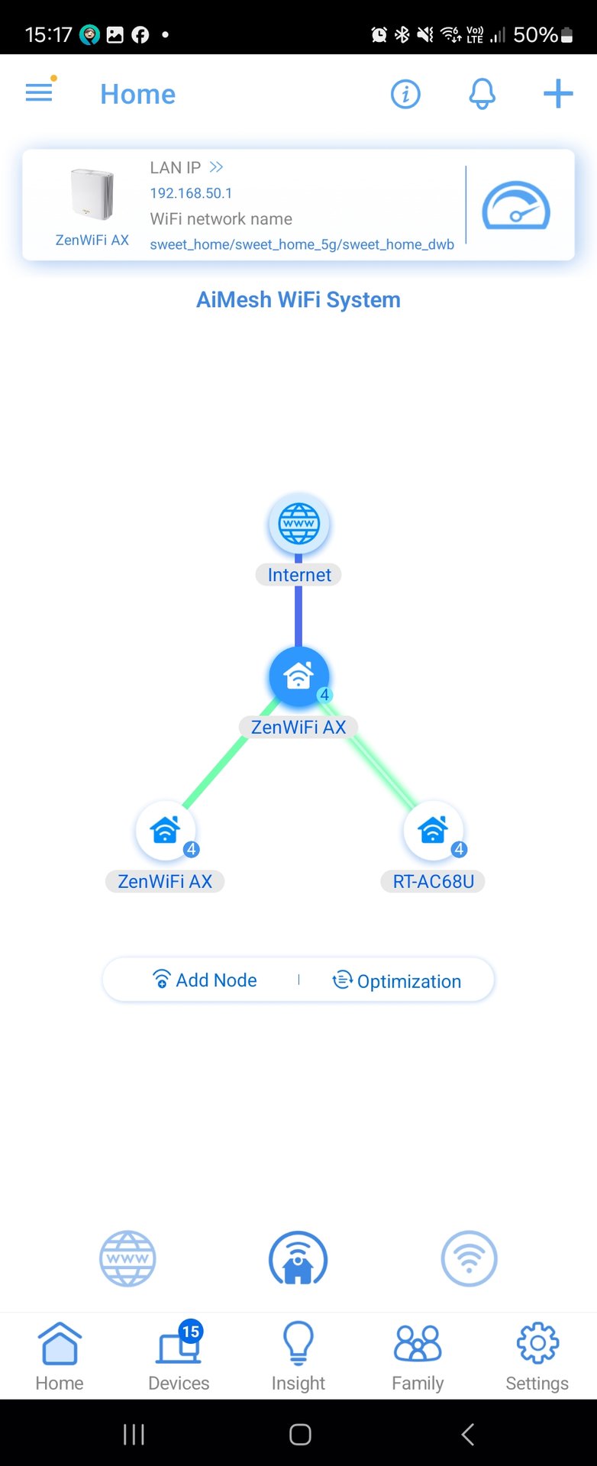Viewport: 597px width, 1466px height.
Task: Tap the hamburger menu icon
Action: (x=39, y=93)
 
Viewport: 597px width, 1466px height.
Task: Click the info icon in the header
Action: (x=405, y=94)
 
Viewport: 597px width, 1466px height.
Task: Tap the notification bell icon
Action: (x=482, y=94)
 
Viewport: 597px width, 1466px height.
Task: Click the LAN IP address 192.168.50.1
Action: (x=191, y=193)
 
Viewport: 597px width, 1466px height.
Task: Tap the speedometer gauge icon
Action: (x=515, y=205)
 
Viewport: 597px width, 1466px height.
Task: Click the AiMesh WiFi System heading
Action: (x=298, y=299)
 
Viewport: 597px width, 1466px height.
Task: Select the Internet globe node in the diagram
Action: (x=298, y=524)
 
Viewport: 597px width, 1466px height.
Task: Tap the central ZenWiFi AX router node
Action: (x=298, y=676)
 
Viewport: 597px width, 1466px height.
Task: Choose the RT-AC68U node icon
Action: (x=433, y=830)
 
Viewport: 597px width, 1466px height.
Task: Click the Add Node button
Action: (x=205, y=980)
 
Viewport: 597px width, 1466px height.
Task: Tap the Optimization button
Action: (x=397, y=980)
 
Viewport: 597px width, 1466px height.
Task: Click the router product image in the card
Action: (x=92, y=195)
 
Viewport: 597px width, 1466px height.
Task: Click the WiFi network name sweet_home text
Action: (x=302, y=244)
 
